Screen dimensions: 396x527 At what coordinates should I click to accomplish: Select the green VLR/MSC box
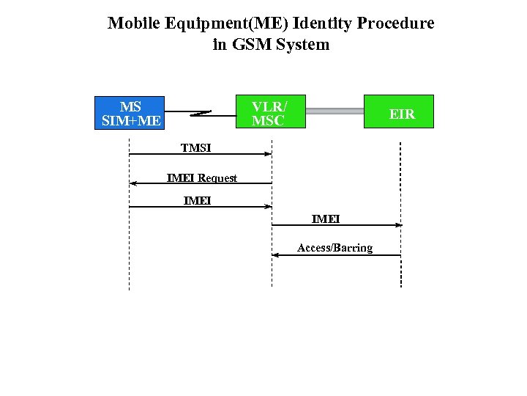(x=270, y=112)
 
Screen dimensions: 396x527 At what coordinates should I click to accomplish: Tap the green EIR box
(x=399, y=112)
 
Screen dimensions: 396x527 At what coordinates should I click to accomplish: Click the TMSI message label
(x=196, y=148)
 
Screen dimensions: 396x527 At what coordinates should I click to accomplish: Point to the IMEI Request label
(x=202, y=178)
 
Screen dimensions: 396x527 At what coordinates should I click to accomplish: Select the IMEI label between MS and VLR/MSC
(x=197, y=200)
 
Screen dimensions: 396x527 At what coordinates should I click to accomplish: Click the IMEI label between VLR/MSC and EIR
(x=326, y=219)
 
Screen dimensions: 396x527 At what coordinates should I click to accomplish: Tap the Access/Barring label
(x=334, y=248)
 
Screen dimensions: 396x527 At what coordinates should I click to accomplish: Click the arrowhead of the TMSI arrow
(x=268, y=154)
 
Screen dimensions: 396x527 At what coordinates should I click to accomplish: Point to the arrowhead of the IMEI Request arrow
(x=133, y=183)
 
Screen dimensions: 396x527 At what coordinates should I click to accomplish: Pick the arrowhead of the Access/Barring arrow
(x=276, y=255)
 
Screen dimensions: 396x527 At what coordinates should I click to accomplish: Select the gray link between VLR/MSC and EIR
(x=335, y=111)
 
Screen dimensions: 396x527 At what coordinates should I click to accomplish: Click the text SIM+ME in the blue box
(x=130, y=120)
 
